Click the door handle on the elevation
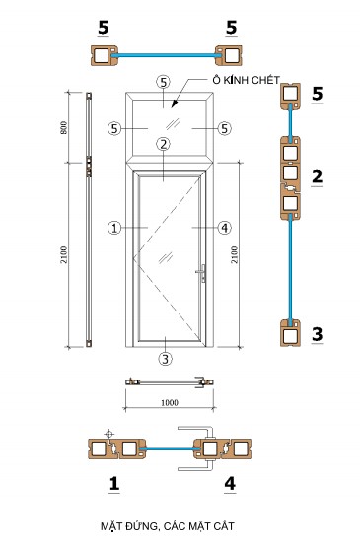click(x=202, y=273)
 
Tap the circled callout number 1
click(x=114, y=228)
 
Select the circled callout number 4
click(x=225, y=228)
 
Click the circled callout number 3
click(x=165, y=359)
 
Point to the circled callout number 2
click(x=163, y=144)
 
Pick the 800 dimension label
click(x=64, y=127)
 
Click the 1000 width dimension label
click(x=170, y=403)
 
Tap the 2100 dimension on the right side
click(x=234, y=254)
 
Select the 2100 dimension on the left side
click(x=64, y=254)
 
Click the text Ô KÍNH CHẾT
click(x=246, y=80)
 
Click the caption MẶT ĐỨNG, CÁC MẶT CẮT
click(x=168, y=526)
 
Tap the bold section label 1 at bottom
click(x=114, y=484)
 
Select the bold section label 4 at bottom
click(x=230, y=484)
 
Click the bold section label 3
click(x=317, y=334)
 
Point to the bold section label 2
click(x=317, y=176)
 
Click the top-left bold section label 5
click(x=104, y=28)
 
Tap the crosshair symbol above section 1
click(x=109, y=434)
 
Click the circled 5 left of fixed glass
click(x=114, y=128)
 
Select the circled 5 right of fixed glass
click(x=225, y=128)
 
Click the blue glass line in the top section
click(x=167, y=55)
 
